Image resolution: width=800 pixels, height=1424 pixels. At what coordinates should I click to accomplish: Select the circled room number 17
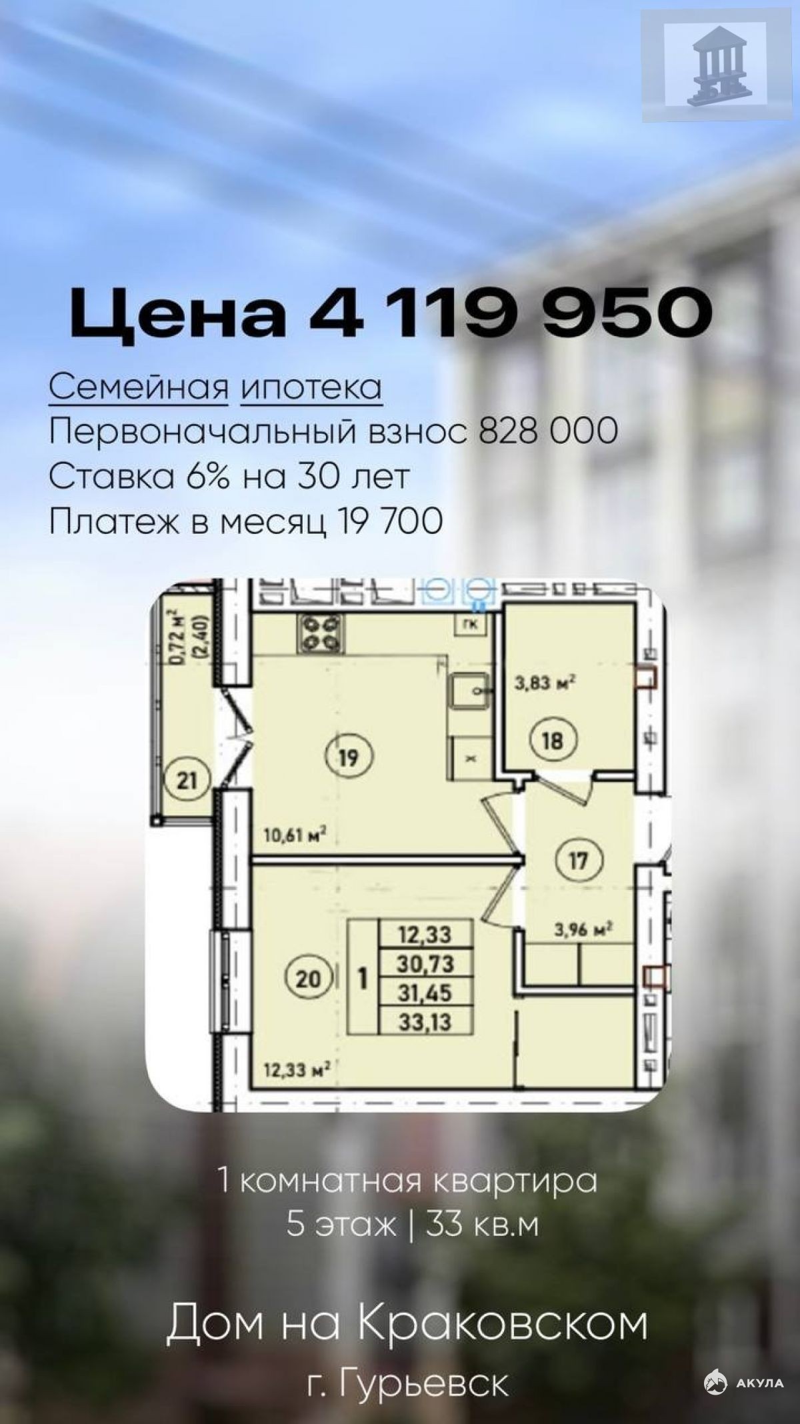click(x=578, y=861)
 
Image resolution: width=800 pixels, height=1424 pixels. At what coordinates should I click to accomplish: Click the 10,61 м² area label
click(x=294, y=834)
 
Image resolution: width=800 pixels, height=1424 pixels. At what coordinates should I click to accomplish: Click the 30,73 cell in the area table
click(x=425, y=963)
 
